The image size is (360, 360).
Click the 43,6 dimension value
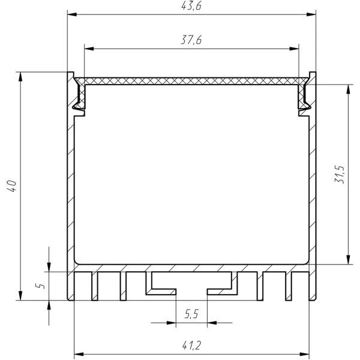click(191, 6)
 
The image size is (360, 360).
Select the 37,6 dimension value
click(191, 40)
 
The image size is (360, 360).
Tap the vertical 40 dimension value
click(12, 186)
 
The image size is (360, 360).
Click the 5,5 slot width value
click(191, 314)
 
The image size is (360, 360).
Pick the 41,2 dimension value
click(192, 346)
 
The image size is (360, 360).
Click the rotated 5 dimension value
click(40, 286)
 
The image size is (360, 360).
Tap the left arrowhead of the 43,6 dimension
click(72, 14)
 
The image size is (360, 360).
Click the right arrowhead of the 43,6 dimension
click(311, 14)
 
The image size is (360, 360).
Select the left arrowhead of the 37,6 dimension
click(89, 49)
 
